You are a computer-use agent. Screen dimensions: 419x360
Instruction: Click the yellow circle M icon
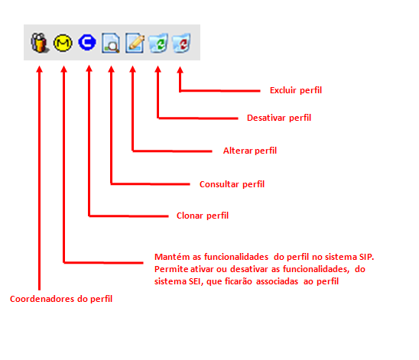pyautogui.click(x=63, y=43)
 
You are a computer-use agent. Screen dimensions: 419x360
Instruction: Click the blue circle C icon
pyautogui.click(x=87, y=42)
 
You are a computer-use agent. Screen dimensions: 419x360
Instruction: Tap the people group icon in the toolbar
pyautogui.click(x=40, y=43)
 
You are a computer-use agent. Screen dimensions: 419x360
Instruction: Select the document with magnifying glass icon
pyautogui.click(x=111, y=43)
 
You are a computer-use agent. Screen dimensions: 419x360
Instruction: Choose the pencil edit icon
pyautogui.click(x=135, y=43)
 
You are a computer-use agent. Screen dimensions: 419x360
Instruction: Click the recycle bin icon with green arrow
pyautogui.click(x=158, y=43)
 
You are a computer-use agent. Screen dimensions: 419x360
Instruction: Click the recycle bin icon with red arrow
pyautogui.click(x=182, y=43)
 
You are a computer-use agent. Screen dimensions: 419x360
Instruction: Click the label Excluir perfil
pyautogui.click(x=296, y=90)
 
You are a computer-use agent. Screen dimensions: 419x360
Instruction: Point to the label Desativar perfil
pyautogui.click(x=279, y=118)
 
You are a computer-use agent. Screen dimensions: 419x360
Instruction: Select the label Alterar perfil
pyautogui.click(x=250, y=151)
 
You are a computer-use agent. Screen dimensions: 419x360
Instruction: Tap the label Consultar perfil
pyautogui.click(x=232, y=184)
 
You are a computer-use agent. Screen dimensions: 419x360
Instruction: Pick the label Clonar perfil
pyautogui.click(x=203, y=216)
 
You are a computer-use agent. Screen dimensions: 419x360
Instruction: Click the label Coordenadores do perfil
pyautogui.click(x=61, y=299)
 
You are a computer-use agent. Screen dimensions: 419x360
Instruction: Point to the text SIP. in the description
pyautogui.click(x=367, y=257)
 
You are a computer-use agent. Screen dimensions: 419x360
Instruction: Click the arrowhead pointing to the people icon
pyautogui.click(x=40, y=69)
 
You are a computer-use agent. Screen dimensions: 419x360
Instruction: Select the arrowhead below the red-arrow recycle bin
pyautogui.click(x=180, y=70)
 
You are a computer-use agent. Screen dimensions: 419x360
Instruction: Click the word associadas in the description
pyautogui.click(x=277, y=281)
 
